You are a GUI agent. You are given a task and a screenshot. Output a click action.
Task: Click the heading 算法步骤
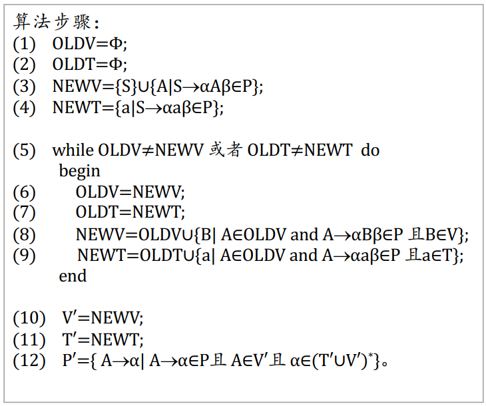(x=54, y=23)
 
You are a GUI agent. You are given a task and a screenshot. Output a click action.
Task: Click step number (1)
(x=25, y=44)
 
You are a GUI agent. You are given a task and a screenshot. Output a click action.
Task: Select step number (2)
(x=25, y=65)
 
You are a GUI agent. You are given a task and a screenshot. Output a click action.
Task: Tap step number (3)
(x=25, y=86)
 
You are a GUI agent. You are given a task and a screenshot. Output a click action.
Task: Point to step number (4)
(x=25, y=107)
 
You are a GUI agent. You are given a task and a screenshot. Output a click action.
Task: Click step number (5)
(x=25, y=150)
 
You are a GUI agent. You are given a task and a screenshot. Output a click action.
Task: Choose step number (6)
(x=25, y=192)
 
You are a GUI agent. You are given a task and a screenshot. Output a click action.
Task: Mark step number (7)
(x=25, y=213)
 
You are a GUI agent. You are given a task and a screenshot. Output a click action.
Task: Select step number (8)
(x=25, y=234)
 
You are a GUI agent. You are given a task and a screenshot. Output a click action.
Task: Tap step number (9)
(x=25, y=255)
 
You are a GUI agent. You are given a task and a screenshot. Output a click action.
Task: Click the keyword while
(x=73, y=150)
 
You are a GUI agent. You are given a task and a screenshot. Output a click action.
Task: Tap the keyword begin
(x=79, y=171)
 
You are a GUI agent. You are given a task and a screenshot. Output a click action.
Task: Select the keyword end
(x=73, y=276)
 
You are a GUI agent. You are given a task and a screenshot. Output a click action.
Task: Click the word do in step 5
(x=370, y=150)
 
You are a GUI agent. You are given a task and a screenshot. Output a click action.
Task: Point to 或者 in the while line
(x=225, y=150)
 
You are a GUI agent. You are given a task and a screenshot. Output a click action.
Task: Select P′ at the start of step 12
(x=69, y=361)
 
